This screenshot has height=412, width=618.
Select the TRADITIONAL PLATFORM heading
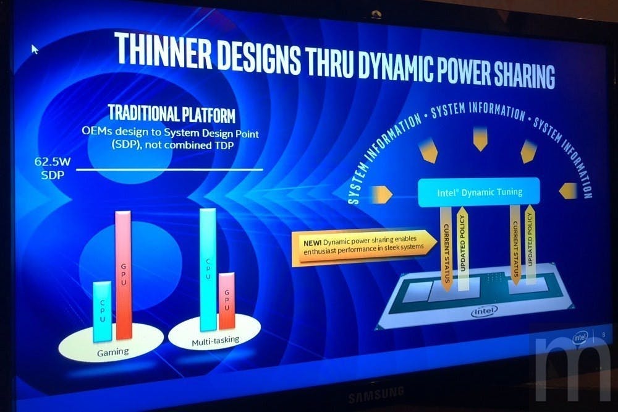(x=172, y=113)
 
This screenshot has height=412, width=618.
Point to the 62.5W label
(x=52, y=162)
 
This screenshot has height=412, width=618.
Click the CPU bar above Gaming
(x=103, y=311)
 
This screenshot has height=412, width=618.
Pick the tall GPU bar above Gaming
(x=124, y=275)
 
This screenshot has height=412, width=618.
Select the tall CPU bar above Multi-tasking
(x=208, y=269)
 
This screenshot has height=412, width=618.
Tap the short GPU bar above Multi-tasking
(x=227, y=300)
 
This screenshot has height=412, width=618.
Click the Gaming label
(x=112, y=351)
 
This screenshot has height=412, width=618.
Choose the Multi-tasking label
(x=215, y=341)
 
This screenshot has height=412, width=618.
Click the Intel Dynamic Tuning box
(x=479, y=192)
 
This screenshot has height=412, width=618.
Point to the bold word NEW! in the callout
(x=312, y=242)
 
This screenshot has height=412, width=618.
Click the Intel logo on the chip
(x=485, y=311)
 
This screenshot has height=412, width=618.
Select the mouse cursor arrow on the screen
(x=35, y=49)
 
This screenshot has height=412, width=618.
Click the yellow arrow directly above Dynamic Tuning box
(x=480, y=139)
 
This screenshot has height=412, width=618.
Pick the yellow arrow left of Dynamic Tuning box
(x=382, y=194)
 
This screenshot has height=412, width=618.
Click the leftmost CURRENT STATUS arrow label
(x=447, y=249)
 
